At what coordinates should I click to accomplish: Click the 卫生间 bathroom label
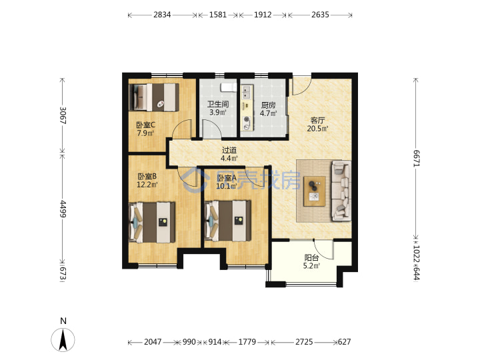pyautogui.click(x=218, y=104)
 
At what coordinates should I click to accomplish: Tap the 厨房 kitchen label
pyautogui.click(x=268, y=105)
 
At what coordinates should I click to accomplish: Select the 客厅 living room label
pyautogui.click(x=317, y=120)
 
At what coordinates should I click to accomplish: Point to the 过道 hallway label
pyautogui.click(x=229, y=150)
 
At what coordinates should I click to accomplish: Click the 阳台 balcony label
pyautogui.click(x=311, y=258)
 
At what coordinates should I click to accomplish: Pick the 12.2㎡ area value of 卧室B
pyautogui.click(x=147, y=185)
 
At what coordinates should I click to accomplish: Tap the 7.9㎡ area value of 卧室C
pyautogui.click(x=145, y=133)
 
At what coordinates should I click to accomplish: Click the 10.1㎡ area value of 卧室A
pyautogui.click(x=227, y=186)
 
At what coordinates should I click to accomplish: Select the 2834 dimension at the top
pyautogui.click(x=162, y=15)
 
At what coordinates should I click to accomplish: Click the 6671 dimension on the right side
pyautogui.click(x=417, y=158)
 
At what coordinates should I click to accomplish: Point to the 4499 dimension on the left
pyautogui.click(x=63, y=209)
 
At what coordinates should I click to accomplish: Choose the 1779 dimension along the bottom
pyautogui.click(x=247, y=341)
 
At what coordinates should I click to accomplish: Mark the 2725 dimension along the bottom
pyautogui.click(x=304, y=341)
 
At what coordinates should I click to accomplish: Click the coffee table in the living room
pyautogui.click(x=315, y=191)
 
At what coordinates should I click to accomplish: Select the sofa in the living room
pyautogui.click(x=341, y=190)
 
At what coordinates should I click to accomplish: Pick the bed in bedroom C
pyautogui.click(x=154, y=97)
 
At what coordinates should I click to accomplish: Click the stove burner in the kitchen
pyautogui.click(x=246, y=123)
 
